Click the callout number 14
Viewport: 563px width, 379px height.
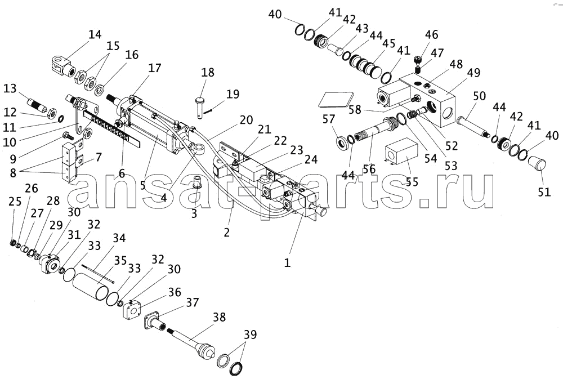[x=95, y=34]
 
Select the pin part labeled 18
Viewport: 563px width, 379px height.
[x=200, y=106]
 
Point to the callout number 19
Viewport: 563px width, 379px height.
[x=233, y=94]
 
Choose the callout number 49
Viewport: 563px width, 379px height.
[x=473, y=72]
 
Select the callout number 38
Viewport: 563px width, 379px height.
[x=219, y=317]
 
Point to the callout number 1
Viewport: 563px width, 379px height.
[x=287, y=263]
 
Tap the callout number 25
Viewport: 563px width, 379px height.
[x=15, y=202]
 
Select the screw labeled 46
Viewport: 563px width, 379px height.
[x=417, y=60]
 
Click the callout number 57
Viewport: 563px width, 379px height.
[x=329, y=119]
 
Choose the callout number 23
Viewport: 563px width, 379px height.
[x=296, y=150]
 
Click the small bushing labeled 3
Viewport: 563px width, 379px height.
[x=196, y=181]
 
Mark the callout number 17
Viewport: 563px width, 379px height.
[x=155, y=68]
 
